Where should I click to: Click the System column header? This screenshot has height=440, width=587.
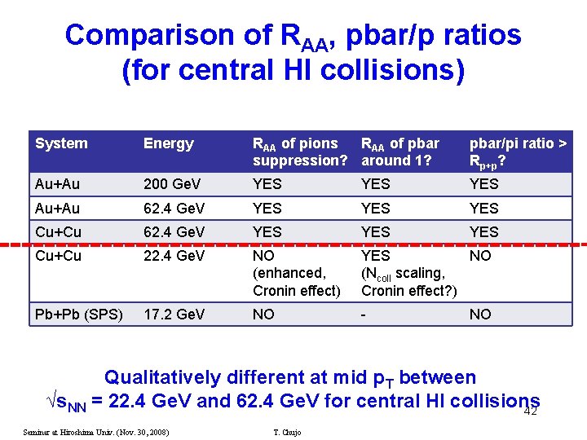[x=61, y=144]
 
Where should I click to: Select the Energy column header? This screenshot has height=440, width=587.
[x=168, y=144]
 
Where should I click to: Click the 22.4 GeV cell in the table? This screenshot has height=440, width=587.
[x=174, y=256]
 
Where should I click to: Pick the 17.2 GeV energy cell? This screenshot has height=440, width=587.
[x=174, y=315]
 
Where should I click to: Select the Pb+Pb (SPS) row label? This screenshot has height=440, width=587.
[x=78, y=315]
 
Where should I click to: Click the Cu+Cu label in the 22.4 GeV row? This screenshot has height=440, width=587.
[x=58, y=256]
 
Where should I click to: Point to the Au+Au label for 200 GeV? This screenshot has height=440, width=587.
[x=58, y=184]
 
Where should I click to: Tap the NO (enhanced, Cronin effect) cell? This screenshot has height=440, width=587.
[x=296, y=273]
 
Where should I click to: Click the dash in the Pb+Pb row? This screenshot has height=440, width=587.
[x=364, y=315]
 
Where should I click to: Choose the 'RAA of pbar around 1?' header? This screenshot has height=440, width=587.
[x=399, y=152]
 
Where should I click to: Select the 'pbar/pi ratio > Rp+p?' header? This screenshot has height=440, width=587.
[x=518, y=152]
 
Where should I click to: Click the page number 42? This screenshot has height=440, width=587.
[x=530, y=411]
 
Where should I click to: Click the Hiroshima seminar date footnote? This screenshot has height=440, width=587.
[x=96, y=432]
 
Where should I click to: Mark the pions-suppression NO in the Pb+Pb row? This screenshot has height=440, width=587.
[x=263, y=315]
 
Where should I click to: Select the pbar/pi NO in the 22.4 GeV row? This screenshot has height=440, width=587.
[x=480, y=256]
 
